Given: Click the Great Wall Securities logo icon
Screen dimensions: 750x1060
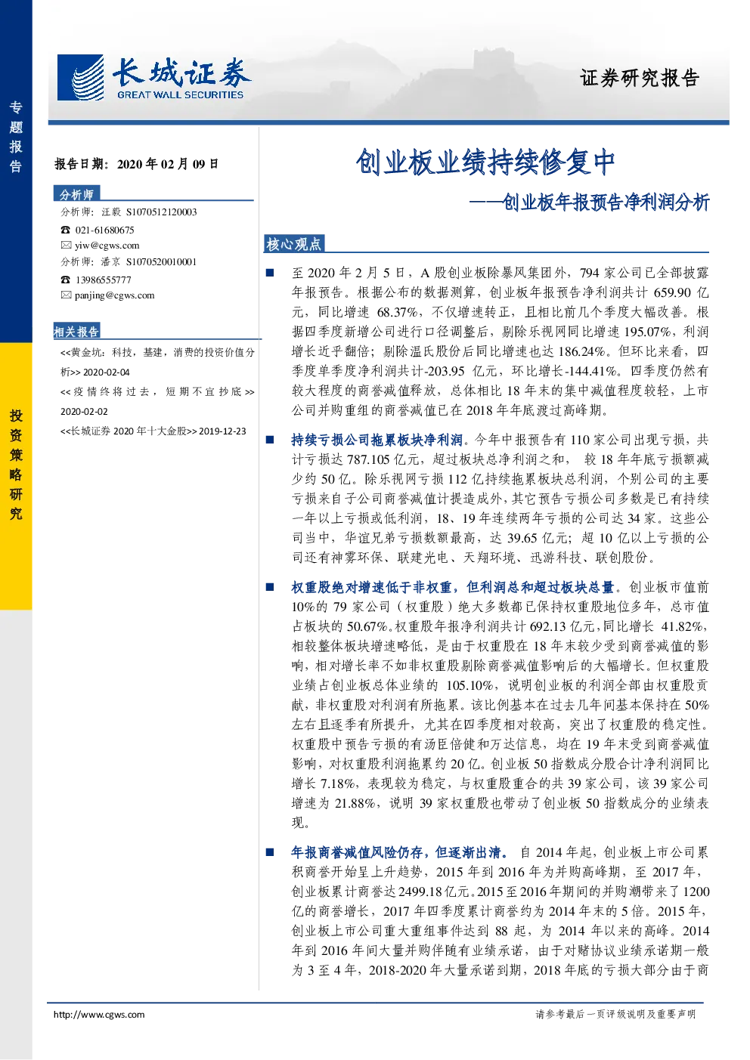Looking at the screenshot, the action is pos(80,78).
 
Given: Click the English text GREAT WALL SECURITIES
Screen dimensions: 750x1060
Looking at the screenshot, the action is pos(181,94).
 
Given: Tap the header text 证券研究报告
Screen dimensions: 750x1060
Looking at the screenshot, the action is pos(640,78).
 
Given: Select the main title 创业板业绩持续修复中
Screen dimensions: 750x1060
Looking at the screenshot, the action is pos(485,162).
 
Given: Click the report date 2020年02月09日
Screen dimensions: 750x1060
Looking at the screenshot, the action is pos(168,164).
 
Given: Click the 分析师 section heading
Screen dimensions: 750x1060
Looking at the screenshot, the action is pos(76,194).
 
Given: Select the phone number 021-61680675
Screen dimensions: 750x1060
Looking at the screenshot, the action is pos(104,230).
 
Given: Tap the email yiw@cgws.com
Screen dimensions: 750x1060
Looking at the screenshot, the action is pos(107,246).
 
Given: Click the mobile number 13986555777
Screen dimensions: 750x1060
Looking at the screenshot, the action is pos(104,280).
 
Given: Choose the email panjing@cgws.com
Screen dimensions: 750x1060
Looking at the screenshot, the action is pos(115,295).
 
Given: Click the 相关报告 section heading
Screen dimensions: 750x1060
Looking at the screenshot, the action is pos(76,332).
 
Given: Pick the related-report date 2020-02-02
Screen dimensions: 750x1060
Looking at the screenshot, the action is pos(84,412).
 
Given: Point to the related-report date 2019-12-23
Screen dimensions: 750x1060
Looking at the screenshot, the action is pos(222,431).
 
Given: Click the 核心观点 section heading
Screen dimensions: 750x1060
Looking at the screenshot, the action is pos(293,244).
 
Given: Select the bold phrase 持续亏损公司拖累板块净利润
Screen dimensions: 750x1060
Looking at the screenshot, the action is pos(377,440).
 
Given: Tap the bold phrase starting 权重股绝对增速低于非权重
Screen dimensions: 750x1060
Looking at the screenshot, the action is pos(453,587).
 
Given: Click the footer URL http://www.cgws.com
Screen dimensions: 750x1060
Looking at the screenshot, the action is pos(99,1014).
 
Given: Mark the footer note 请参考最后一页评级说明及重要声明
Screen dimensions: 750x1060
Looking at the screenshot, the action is pos(615,1014).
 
